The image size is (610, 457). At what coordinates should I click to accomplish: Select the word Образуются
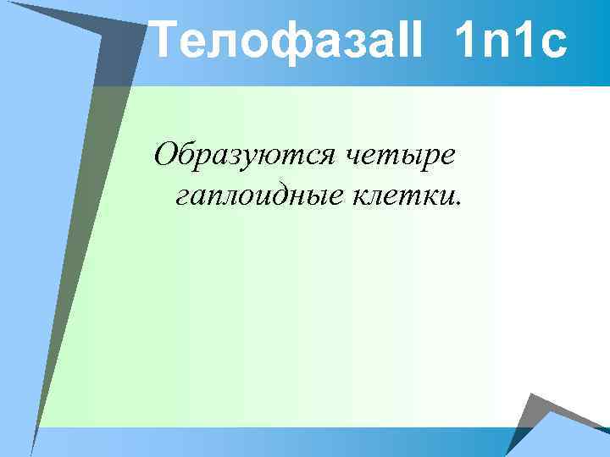pos(245,156)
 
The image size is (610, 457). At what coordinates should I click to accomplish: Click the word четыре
pos(402,157)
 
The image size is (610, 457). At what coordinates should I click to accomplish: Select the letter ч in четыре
pos(355,157)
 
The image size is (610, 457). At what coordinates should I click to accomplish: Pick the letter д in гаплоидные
pos(290,198)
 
